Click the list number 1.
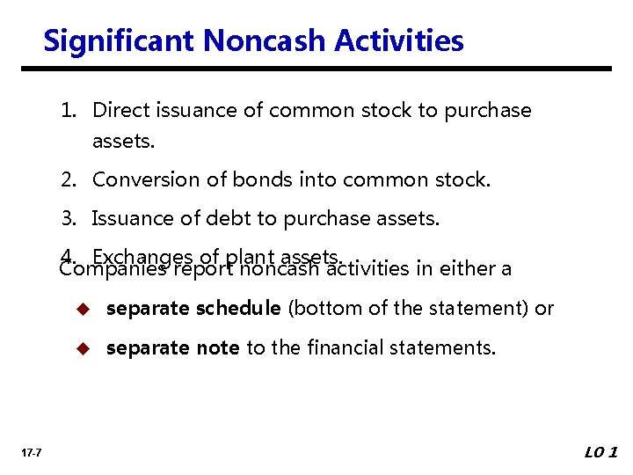click(x=68, y=111)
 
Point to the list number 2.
click(x=68, y=180)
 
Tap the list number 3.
click(x=68, y=218)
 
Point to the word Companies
click(x=113, y=269)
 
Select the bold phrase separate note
click(x=172, y=348)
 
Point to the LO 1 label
click(x=601, y=452)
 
